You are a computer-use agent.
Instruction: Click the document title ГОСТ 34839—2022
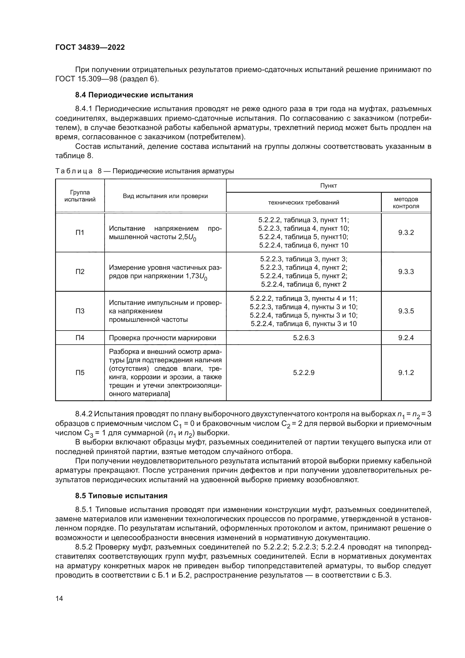click(90, 47)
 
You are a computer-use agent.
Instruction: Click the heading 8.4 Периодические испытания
click(134, 95)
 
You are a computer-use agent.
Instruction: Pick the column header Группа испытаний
click(80, 196)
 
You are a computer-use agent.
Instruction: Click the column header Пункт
click(328, 186)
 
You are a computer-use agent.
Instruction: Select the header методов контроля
click(406, 203)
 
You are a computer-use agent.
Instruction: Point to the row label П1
click(80, 232)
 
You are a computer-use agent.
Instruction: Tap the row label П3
click(80, 311)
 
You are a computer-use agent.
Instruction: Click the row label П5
click(80, 372)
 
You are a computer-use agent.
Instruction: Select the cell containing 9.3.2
click(406, 232)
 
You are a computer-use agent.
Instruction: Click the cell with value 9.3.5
click(406, 311)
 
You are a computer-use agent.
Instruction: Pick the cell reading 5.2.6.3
click(304, 338)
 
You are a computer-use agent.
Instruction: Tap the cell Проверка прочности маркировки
click(162, 338)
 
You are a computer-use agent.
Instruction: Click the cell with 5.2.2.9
click(304, 372)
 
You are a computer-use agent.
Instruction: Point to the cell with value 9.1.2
click(406, 372)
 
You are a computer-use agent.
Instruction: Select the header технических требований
click(304, 203)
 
